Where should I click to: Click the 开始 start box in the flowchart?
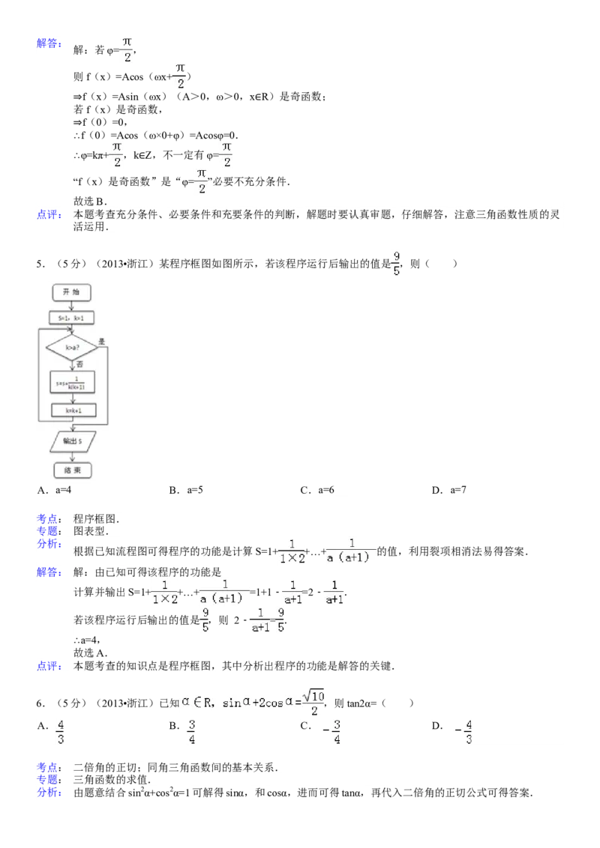(71, 292)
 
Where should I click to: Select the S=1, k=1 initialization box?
(71, 318)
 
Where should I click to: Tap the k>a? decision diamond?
(71, 348)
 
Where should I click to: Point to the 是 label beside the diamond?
(100, 341)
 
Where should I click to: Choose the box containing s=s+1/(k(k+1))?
(71, 383)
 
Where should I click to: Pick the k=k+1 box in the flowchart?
(71, 411)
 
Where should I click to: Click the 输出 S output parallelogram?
(71, 442)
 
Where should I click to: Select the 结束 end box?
(71, 470)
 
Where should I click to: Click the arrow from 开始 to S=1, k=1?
(71, 305)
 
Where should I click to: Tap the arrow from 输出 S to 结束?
(71, 456)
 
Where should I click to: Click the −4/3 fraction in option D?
(463, 731)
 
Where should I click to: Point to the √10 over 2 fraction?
(313, 700)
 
